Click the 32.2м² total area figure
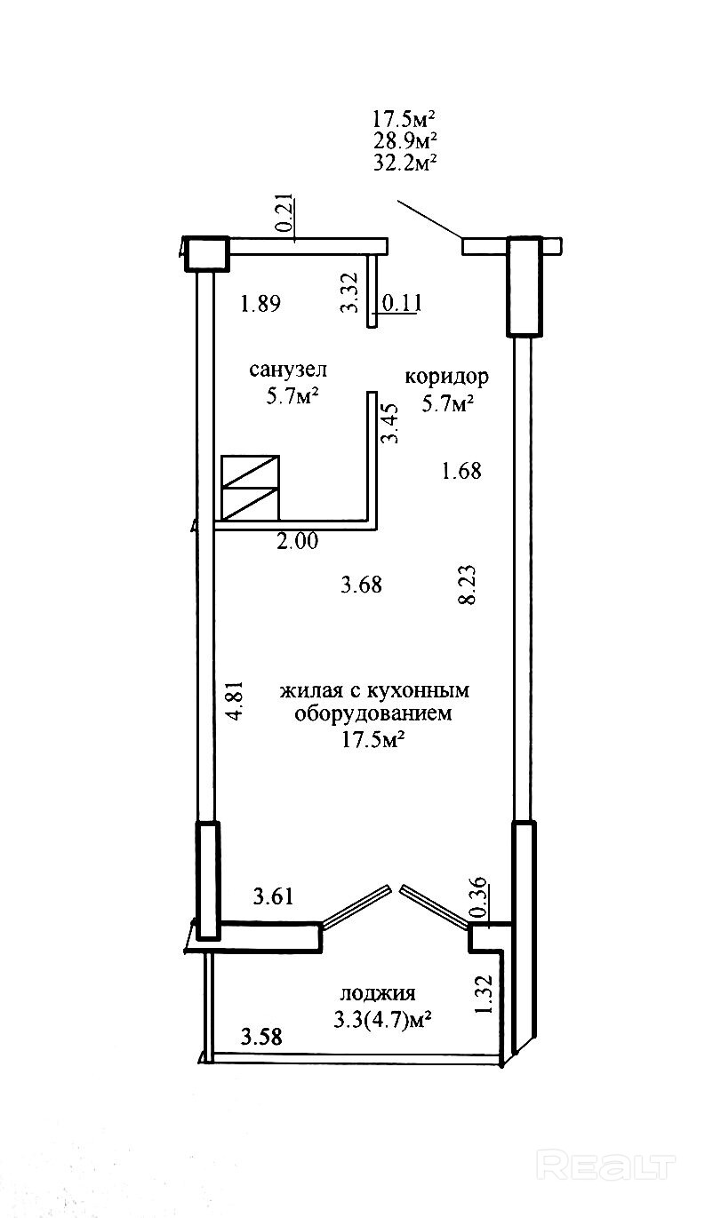tap(406, 163)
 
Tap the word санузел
tap(288, 370)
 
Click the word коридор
tap(447, 377)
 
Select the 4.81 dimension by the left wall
tap(235, 702)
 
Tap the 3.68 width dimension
tap(362, 585)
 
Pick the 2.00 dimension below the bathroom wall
tap(297, 542)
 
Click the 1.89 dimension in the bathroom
tap(260, 304)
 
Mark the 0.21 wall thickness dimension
tap(287, 213)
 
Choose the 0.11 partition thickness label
tap(402, 304)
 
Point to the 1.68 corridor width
tap(461, 471)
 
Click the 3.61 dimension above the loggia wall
tap(273, 896)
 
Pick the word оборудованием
tap(373, 713)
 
